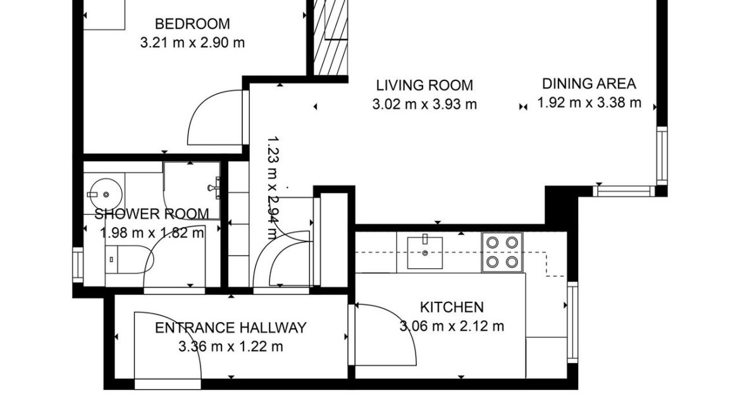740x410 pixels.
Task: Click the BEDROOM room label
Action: pos(192,25)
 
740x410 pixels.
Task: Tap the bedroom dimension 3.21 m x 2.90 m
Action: pos(192,43)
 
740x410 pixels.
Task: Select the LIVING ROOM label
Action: pos(424,85)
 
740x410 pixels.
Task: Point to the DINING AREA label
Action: pos(589,84)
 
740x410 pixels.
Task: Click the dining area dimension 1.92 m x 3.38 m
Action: pos(589,102)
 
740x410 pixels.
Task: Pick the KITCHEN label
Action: pos(452,307)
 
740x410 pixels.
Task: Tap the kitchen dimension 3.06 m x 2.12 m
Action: pos(452,326)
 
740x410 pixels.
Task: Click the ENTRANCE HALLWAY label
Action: pos(231,328)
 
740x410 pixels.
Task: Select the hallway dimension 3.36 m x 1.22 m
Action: pos(231,347)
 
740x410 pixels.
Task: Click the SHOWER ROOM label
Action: pos(152,214)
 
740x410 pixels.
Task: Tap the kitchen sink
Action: pos(425,251)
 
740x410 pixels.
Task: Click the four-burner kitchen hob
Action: pos(502,252)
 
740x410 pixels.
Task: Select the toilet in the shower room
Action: pos(120,259)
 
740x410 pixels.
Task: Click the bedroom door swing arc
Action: pos(212,117)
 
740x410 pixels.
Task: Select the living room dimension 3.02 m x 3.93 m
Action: pos(424,104)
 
